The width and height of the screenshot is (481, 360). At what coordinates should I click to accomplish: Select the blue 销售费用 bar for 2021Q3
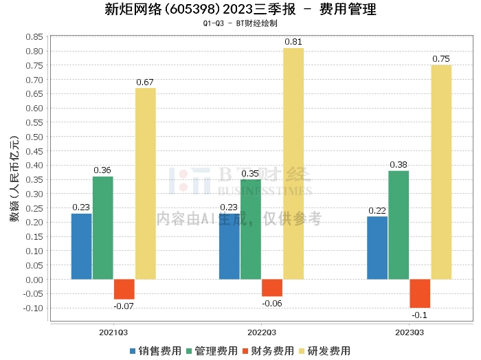(x=82, y=246)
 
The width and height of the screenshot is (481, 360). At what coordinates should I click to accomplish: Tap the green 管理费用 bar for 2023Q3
(x=399, y=225)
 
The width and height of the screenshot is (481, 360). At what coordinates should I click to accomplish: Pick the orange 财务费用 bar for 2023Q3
(x=420, y=293)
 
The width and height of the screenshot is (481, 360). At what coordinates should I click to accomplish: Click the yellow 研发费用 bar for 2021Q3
(x=145, y=183)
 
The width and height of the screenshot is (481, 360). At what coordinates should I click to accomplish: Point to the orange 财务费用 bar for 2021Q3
(x=124, y=289)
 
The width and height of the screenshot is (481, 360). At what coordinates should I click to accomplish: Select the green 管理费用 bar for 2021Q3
(x=103, y=227)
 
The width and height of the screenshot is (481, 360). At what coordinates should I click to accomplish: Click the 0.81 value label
(x=293, y=42)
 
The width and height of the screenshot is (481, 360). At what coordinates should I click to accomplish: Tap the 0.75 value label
(x=441, y=59)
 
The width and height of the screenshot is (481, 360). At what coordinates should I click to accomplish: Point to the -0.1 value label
(x=420, y=315)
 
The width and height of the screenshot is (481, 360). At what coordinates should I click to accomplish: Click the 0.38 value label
(x=399, y=165)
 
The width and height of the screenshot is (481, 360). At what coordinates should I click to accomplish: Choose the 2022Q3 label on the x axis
(x=261, y=331)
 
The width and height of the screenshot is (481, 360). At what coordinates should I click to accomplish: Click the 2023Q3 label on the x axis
(x=410, y=331)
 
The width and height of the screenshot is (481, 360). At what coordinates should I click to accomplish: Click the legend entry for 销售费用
(x=155, y=350)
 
